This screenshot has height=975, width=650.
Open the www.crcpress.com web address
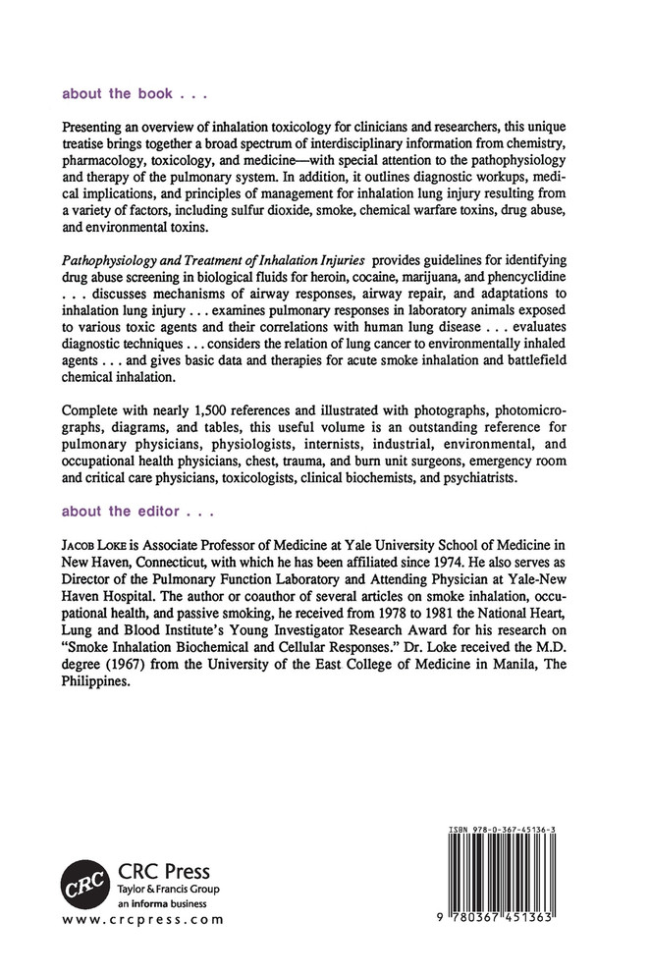[142, 920]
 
